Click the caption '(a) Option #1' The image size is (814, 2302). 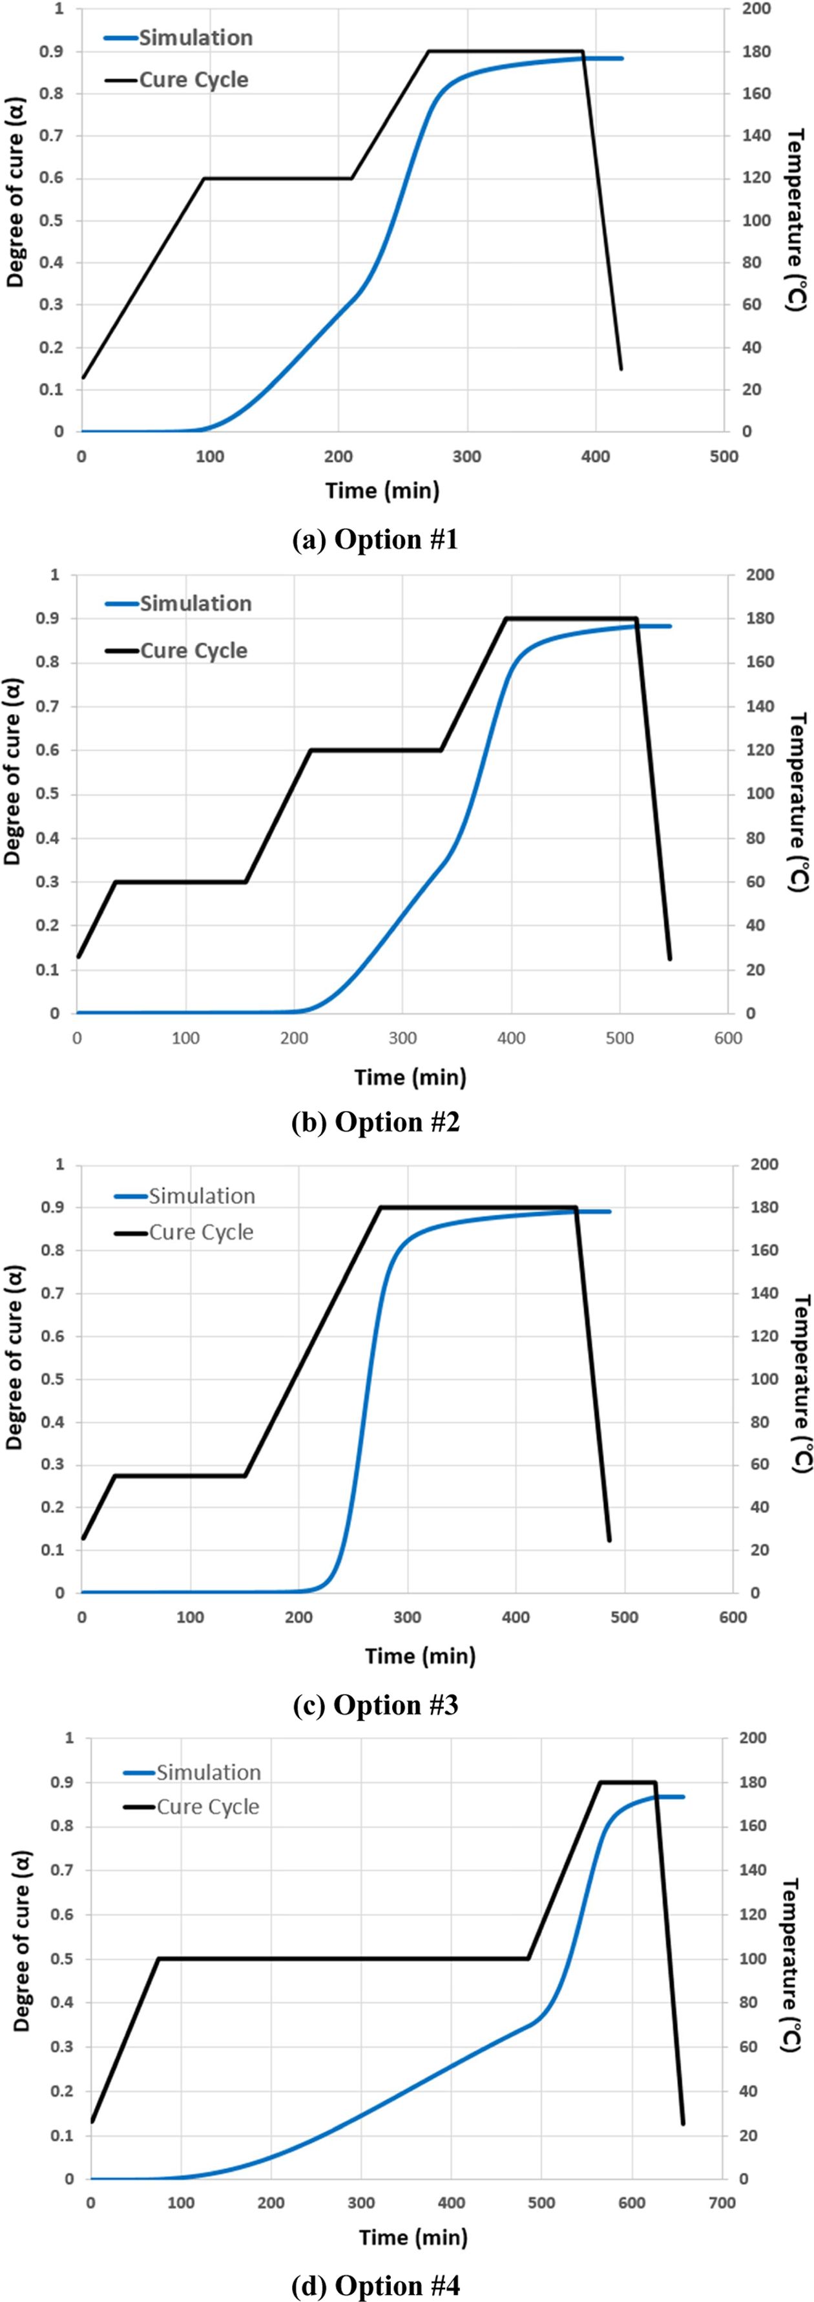pyautogui.click(x=375, y=540)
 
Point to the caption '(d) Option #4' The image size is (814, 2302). pyautogui.click(x=375, y=2285)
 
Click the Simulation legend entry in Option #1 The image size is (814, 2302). pyautogui.click(x=195, y=37)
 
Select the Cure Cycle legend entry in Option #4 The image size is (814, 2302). pyautogui.click(x=207, y=1806)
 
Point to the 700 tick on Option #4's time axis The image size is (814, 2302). pyautogui.click(x=722, y=2203)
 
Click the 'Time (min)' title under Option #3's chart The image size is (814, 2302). pyautogui.click(x=420, y=1656)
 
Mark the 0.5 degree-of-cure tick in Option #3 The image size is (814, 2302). pyautogui.click(x=54, y=1379)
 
